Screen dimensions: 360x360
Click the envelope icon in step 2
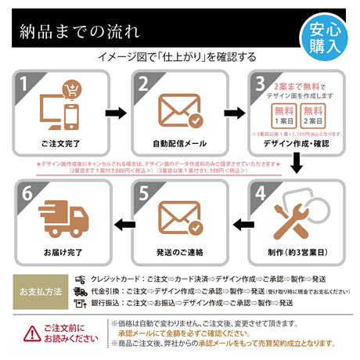pyautogui.click(x=179, y=109)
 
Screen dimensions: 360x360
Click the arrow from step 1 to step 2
pyautogui.click(x=115, y=113)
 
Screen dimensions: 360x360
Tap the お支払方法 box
pyautogui.click(x=40, y=290)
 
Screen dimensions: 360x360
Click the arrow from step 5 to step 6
pyautogui.click(x=121, y=225)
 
